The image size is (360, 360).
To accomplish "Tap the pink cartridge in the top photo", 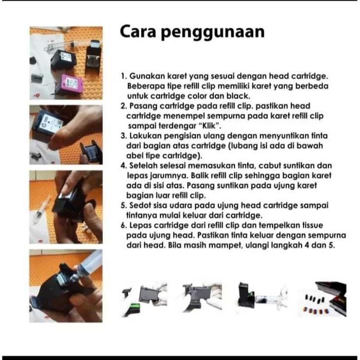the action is tap(69, 84).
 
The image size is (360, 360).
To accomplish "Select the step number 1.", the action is tap(124, 76).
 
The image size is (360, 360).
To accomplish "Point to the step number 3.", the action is tap(124, 136).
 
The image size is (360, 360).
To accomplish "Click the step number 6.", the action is tap(124, 226).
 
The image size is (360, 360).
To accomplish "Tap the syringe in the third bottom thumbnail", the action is tap(271, 299).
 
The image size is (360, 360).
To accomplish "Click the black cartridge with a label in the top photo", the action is tap(63, 59).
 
